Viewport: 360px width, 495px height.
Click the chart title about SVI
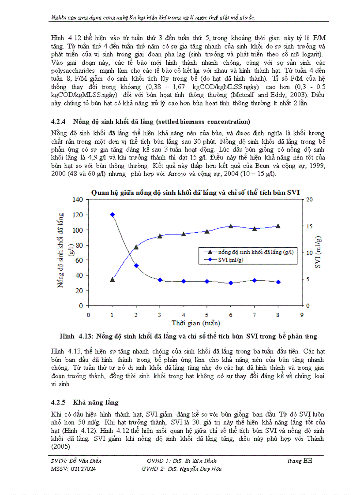[195, 192]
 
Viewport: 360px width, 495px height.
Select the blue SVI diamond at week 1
[112, 215]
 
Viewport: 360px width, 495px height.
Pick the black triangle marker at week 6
[231, 226]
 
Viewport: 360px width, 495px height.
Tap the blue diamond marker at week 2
[136, 265]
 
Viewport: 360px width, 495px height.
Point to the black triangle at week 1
[112, 279]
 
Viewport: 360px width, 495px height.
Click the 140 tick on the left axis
[78, 200]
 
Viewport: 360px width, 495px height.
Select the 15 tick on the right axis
[309, 226]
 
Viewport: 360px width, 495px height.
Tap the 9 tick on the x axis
[302, 315]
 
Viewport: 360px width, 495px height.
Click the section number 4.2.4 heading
[58, 122]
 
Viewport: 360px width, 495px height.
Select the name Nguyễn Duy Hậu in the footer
[202, 469]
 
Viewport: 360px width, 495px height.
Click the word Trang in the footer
[294, 461]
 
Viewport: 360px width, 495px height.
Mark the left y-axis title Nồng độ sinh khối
[61, 250]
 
